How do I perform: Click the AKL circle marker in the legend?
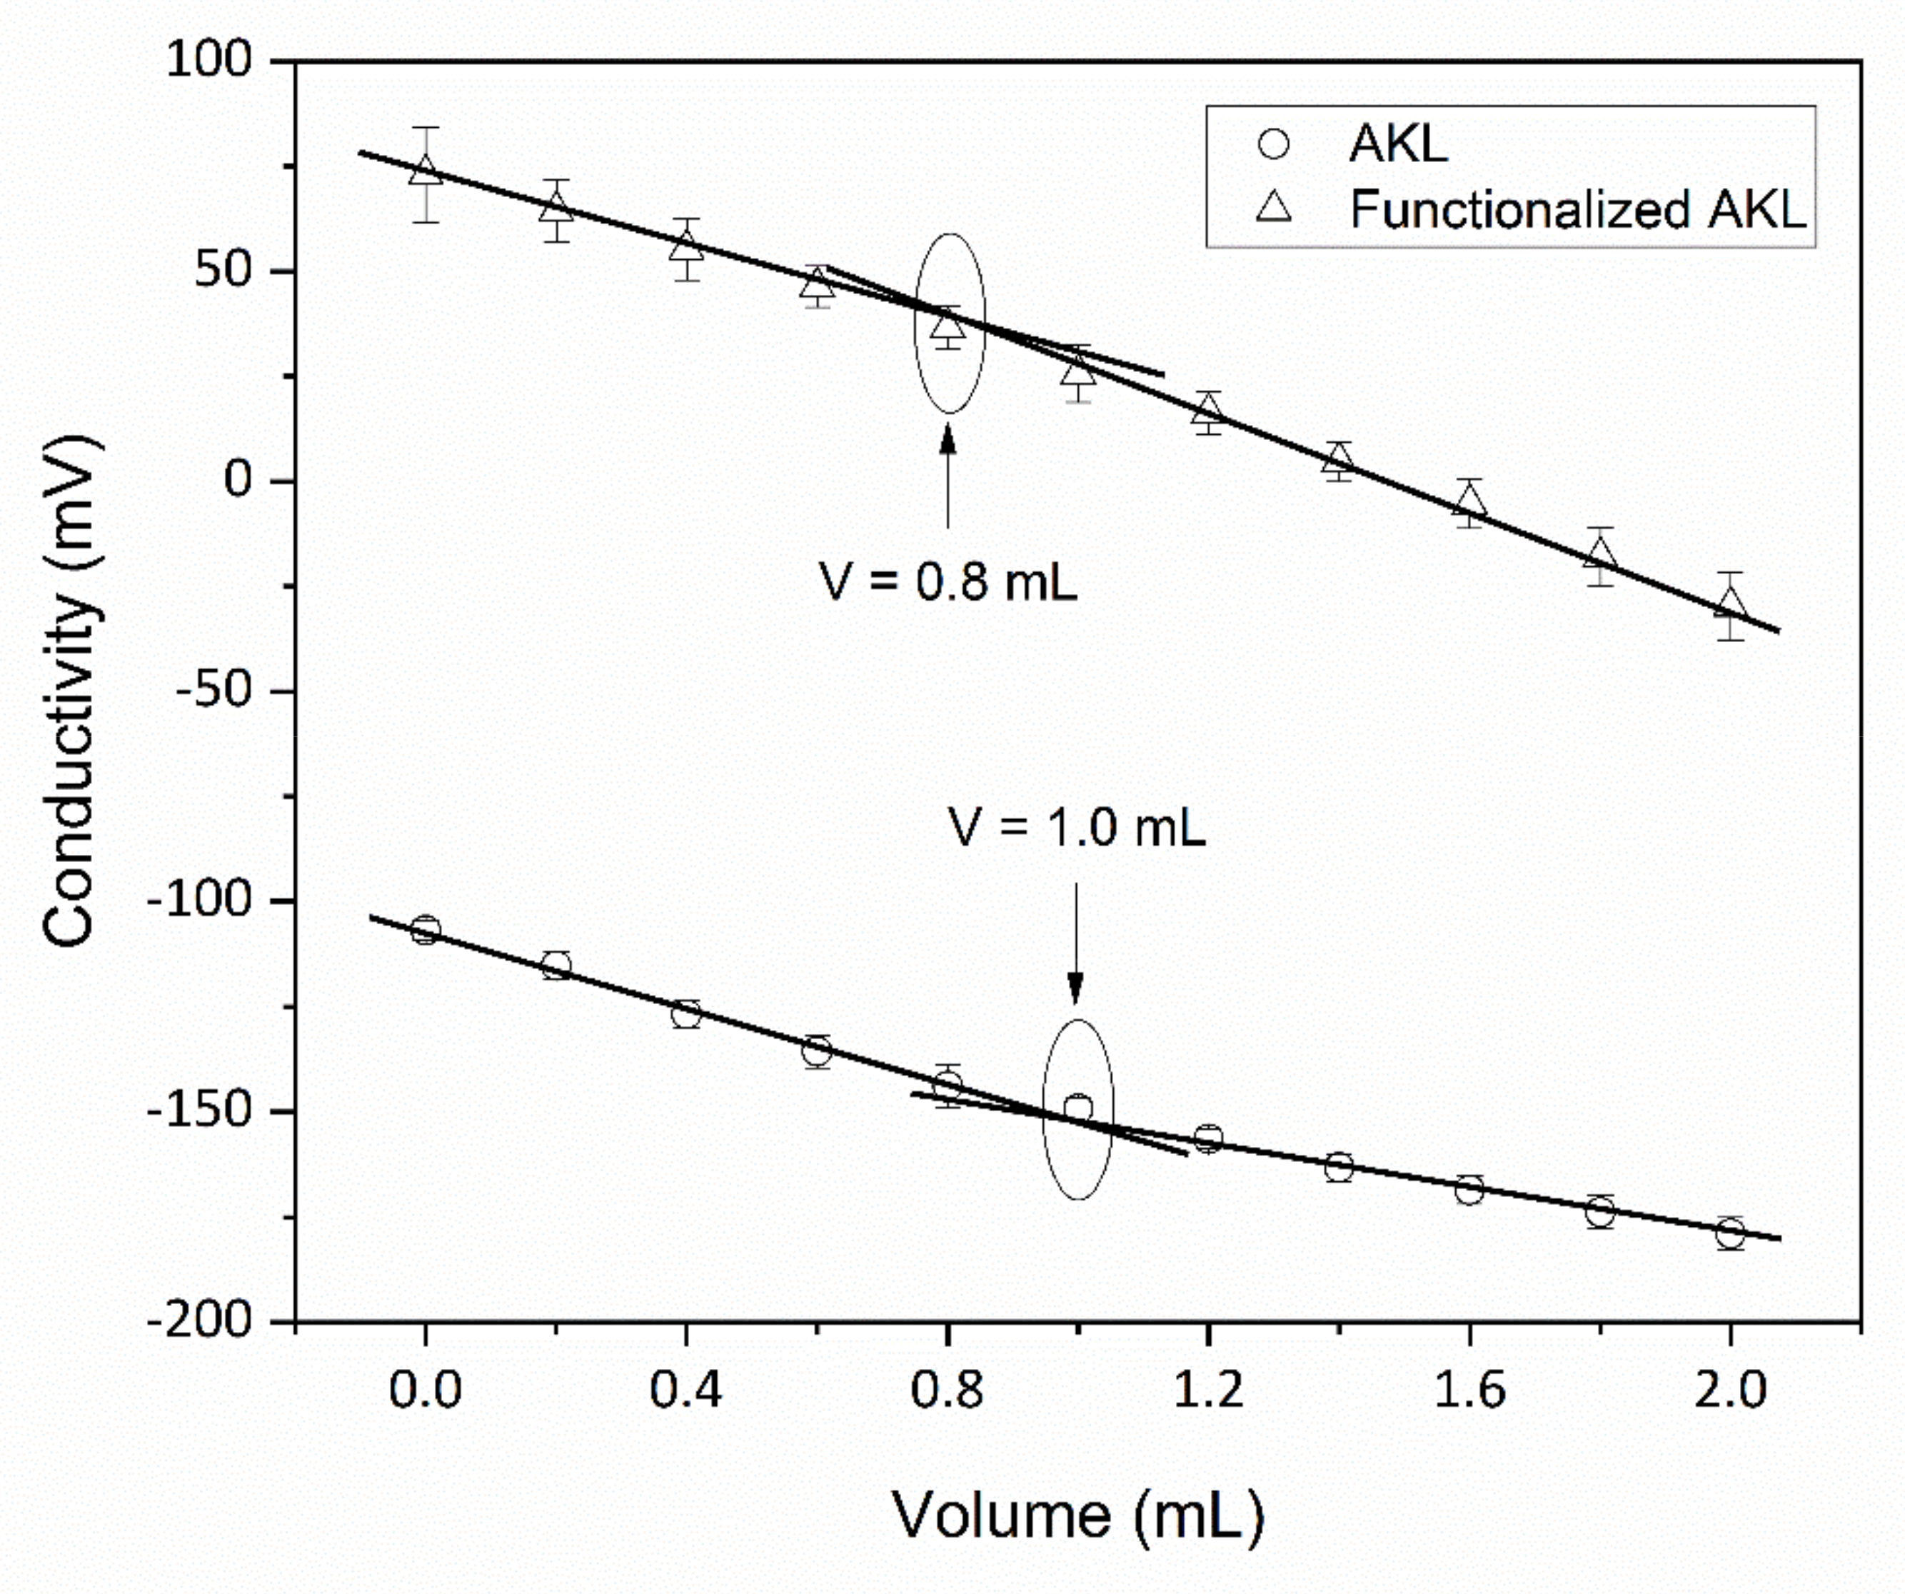pos(1274,144)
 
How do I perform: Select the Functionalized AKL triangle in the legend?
pos(1274,209)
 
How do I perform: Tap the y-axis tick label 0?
pos(238,480)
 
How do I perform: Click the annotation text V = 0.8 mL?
pos(948,581)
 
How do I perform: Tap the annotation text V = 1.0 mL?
pos(1077,828)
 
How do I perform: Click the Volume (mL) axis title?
pos(1077,1514)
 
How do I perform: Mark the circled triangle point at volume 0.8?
pos(948,325)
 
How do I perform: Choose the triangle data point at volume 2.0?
pos(1730,603)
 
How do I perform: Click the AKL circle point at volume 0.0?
pos(426,930)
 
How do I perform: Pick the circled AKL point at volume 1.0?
pos(1077,1108)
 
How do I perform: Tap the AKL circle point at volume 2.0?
pos(1730,1233)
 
